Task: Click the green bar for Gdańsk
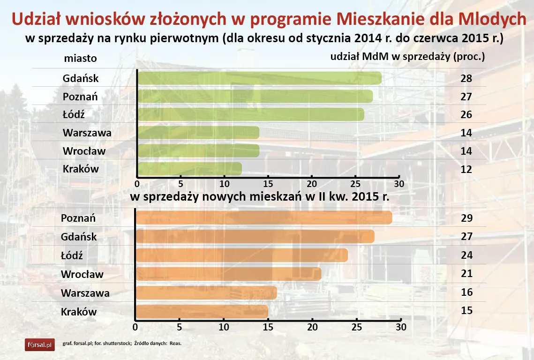pos(259,78)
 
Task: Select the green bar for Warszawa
pos(198,133)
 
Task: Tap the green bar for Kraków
pos(189,169)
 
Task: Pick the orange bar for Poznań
pos(263,218)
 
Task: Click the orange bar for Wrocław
pos(228,274)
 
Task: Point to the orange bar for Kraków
pos(202,311)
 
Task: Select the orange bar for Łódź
pos(241,255)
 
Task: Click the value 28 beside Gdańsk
pos(466,78)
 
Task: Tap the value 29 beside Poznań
pos(466,218)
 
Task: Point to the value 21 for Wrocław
pos(466,274)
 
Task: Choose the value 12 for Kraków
pos(466,169)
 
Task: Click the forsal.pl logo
pos(40,345)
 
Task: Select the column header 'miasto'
pos(80,59)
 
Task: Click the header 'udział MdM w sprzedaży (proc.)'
pos(407,57)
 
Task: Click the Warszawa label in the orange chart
pos(85,293)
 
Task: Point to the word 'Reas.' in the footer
pos(175,344)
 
